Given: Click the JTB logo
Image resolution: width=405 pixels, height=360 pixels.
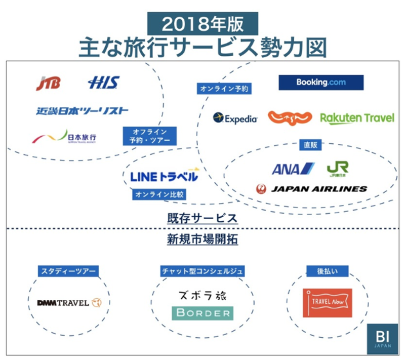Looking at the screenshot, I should point(48,83).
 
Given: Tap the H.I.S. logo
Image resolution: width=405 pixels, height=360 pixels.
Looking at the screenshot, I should point(103,83).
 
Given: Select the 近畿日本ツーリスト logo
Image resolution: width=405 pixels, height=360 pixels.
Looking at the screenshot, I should point(82,110).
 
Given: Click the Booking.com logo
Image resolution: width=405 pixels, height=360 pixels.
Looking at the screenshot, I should point(321,83).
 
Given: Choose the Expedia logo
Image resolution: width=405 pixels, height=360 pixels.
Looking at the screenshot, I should point(235,118).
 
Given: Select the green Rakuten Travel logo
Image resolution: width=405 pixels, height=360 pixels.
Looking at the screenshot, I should point(357,118).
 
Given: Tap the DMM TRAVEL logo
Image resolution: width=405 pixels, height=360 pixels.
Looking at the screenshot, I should point(69,303).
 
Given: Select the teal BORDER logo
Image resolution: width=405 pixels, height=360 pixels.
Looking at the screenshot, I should point(202,313).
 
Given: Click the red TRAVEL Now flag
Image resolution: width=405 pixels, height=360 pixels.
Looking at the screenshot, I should point(327,302).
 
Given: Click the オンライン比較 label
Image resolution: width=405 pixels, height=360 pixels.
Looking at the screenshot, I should point(159,194).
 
